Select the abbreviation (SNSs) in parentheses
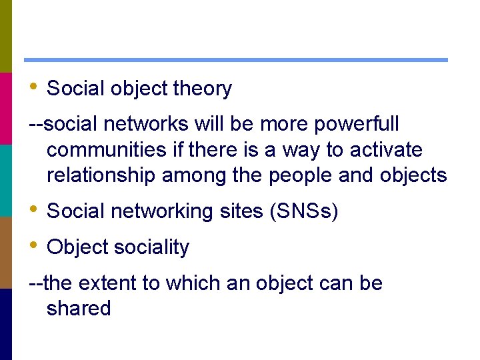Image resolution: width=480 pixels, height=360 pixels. (x=304, y=212)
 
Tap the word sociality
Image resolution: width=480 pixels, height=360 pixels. (x=151, y=247)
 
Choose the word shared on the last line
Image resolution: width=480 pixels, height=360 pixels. (x=79, y=309)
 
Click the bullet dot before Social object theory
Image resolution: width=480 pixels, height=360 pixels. (x=33, y=87)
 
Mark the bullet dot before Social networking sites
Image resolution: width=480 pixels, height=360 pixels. (x=33, y=209)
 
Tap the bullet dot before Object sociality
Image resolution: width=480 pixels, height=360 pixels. (x=33, y=245)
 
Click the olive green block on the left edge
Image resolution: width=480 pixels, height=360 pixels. (x=6, y=36)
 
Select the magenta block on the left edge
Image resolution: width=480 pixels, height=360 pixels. (x=6, y=108)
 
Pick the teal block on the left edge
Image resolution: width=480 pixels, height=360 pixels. (x=6, y=180)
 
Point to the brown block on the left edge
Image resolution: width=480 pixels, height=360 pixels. (x=6, y=252)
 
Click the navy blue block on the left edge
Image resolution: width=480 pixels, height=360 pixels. (x=6, y=324)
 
